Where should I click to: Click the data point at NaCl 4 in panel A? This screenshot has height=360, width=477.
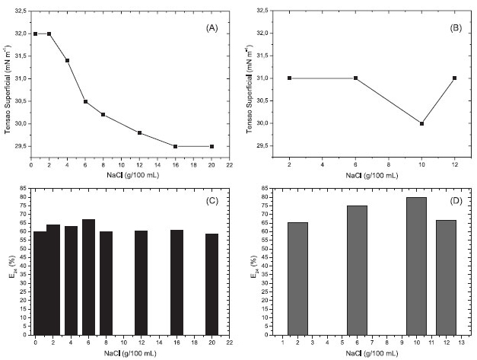pyautogui.click(x=67, y=60)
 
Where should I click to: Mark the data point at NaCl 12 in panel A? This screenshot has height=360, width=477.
pyautogui.click(x=140, y=132)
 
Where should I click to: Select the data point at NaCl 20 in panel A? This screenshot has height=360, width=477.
pyautogui.click(x=211, y=146)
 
